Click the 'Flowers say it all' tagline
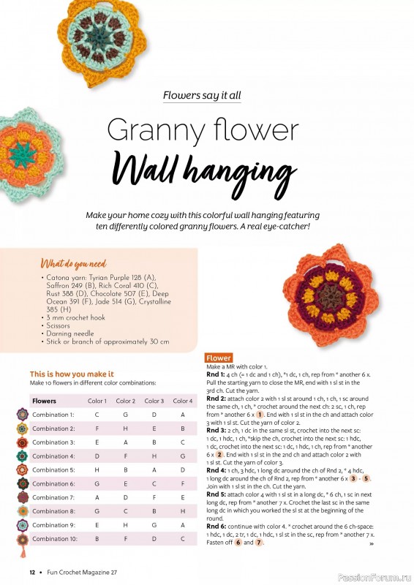[x=202, y=95]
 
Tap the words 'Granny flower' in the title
[x=203, y=132]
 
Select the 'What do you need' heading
[x=73, y=264]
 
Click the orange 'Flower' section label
[x=219, y=358]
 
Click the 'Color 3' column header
[x=154, y=401]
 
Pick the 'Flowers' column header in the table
[x=44, y=401]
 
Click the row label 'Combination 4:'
[x=53, y=456]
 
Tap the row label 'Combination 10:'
[x=55, y=539]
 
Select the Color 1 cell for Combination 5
[x=97, y=470]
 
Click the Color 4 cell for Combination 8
[x=182, y=511]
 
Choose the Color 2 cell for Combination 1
[x=125, y=415]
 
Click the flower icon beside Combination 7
[x=23, y=497]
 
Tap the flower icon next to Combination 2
[x=23, y=429]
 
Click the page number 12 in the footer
[x=32, y=572]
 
